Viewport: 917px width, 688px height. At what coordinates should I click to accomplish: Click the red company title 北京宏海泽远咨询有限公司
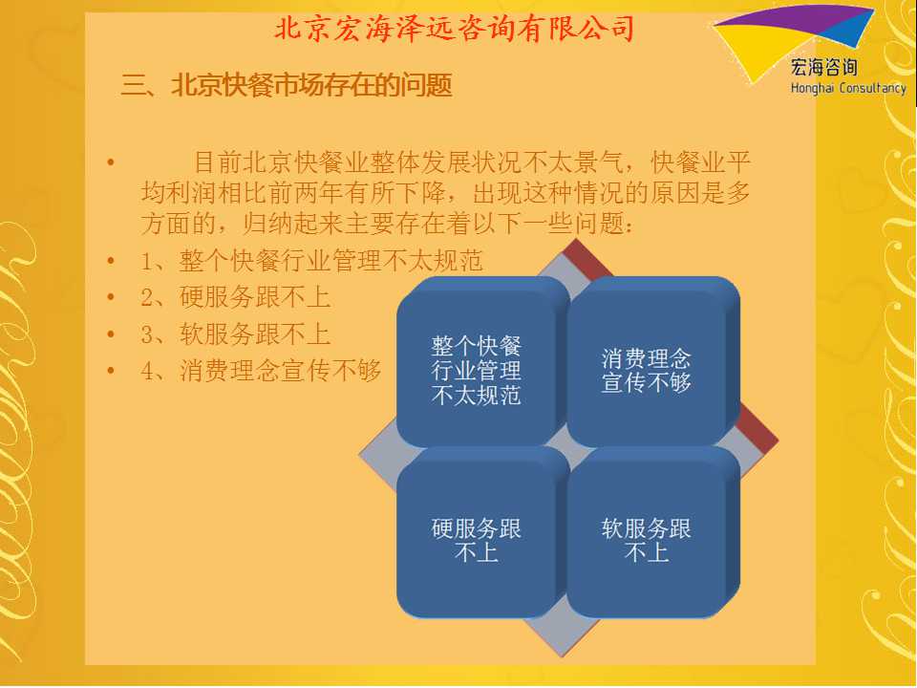pyautogui.click(x=455, y=28)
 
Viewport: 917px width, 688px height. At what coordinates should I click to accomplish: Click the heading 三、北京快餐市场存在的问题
pyautogui.click(x=287, y=85)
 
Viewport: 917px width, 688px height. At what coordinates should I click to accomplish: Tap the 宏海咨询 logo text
pyautogui.click(x=824, y=67)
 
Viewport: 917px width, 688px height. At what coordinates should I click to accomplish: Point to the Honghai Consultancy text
pyautogui.click(x=848, y=88)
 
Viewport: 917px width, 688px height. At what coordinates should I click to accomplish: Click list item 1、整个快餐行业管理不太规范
pyautogui.click(x=311, y=261)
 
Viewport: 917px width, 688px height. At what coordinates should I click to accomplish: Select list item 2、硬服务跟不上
pyautogui.click(x=236, y=297)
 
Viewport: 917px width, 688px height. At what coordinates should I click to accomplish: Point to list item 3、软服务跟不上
pyautogui.click(x=236, y=334)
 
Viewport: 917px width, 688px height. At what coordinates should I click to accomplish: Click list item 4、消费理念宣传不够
pyautogui.click(x=261, y=371)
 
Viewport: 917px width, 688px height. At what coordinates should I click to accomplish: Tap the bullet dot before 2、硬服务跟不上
pyautogui.click(x=111, y=298)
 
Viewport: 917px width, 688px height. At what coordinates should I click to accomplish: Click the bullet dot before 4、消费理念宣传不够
pyautogui.click(x=111, y=371)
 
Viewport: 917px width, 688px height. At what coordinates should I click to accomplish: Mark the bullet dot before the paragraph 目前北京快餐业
pyautogui.click(x=111, y=162)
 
